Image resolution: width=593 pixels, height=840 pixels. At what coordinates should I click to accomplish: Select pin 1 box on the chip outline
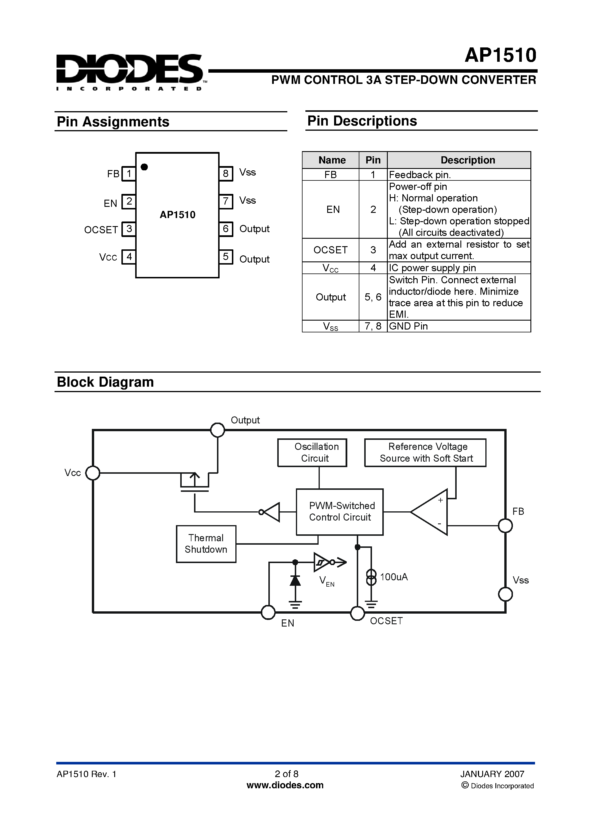coord(129,174)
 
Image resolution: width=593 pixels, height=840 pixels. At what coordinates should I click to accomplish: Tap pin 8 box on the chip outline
coord(226,173)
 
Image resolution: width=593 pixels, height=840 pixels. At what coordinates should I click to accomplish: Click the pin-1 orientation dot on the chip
coord(144,167)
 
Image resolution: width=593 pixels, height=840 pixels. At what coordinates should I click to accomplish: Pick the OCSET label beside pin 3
coord(101,230)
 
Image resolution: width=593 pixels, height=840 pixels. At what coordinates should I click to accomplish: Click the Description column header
coord(468,160)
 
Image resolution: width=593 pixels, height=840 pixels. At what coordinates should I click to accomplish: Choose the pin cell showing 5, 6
coord(373,297)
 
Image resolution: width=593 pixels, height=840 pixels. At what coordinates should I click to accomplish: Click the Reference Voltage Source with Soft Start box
coord(425,452)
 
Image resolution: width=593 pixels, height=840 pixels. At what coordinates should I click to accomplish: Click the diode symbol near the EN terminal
coord(295,581)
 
